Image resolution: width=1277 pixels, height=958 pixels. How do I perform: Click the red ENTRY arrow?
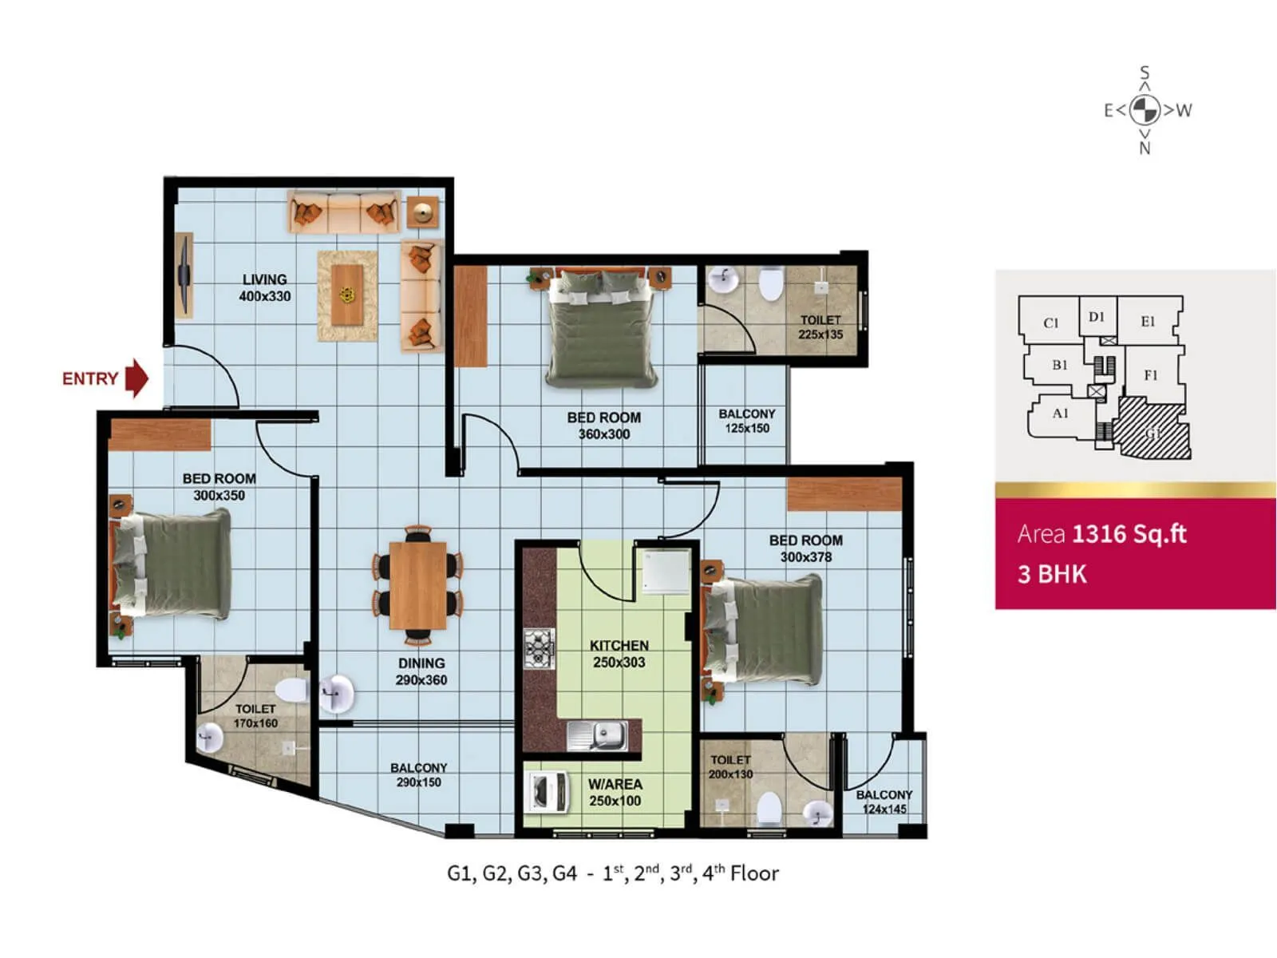(137, 378)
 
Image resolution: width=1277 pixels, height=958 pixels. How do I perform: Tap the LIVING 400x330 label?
(265, 287)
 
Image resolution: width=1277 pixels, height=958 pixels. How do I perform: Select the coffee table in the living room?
(347, 295)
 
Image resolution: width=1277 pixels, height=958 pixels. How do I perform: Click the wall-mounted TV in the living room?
(184, 275)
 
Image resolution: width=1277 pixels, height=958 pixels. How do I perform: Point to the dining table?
(418, 585)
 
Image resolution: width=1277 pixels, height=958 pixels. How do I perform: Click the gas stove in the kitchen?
(539, 648)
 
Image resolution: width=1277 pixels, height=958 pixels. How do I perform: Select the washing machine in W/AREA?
(549, 793)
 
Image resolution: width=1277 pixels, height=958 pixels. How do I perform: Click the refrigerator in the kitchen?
(666, 572)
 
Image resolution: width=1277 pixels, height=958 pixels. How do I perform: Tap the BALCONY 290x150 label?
(419, 774)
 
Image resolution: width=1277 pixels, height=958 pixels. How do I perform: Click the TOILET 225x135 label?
(820, 327)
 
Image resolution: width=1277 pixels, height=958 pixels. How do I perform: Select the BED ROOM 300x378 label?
(805, 548)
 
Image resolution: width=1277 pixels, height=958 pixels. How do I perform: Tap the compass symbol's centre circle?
(1145, 110)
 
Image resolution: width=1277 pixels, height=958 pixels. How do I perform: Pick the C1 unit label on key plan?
(1051, 323)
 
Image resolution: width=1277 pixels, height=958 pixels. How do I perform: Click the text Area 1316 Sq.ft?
(1101, 533)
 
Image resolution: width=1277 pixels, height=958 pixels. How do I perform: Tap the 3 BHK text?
(1052, 574)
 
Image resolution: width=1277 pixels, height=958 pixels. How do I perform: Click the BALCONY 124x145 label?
(884, 802)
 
